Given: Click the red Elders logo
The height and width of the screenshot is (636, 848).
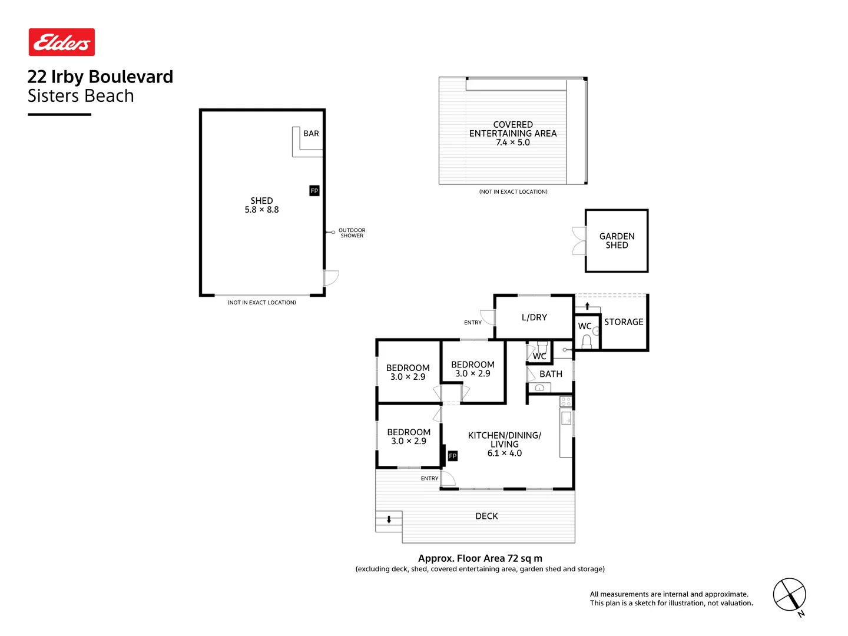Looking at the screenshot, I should pos(62,42).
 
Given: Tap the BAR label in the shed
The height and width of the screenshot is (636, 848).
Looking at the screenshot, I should pos(311,134).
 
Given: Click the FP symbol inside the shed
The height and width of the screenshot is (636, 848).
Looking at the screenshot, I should pos(314,191).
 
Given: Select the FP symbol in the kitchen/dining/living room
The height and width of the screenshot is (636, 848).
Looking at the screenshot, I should pos(452,456).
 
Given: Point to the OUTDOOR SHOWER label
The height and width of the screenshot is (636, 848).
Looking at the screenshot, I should pos(352,233).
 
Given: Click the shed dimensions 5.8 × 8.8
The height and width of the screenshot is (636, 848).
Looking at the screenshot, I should pos(261,210).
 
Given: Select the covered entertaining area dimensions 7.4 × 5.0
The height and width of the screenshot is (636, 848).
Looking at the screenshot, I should pos(513,143).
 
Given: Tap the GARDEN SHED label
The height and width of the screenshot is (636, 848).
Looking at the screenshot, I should pos(617,241).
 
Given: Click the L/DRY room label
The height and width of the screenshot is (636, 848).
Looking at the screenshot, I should pos(534,317).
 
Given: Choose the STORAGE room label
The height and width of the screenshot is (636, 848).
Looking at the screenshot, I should pos(624,322).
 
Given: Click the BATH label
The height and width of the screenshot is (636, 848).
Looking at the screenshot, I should pos(551,374).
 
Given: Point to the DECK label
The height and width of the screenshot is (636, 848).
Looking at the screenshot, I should pos(486,516).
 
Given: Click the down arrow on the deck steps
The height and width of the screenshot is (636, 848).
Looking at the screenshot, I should pos(389,519).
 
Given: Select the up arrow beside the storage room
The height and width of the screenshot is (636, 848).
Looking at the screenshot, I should pos(587,306).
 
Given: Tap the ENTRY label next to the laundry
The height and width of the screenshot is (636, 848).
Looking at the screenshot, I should pos(472,323).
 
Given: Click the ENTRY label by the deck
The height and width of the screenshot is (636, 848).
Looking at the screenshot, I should pos(429,479).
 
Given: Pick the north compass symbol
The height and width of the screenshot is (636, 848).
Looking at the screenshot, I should pos(790,595).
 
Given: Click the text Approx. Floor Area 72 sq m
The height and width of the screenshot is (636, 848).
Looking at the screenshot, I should pos(480,558).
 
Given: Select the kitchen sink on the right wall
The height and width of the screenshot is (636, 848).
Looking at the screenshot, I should pos(566,418).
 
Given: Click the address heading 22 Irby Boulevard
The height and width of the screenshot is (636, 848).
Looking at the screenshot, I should pos(100,77).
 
